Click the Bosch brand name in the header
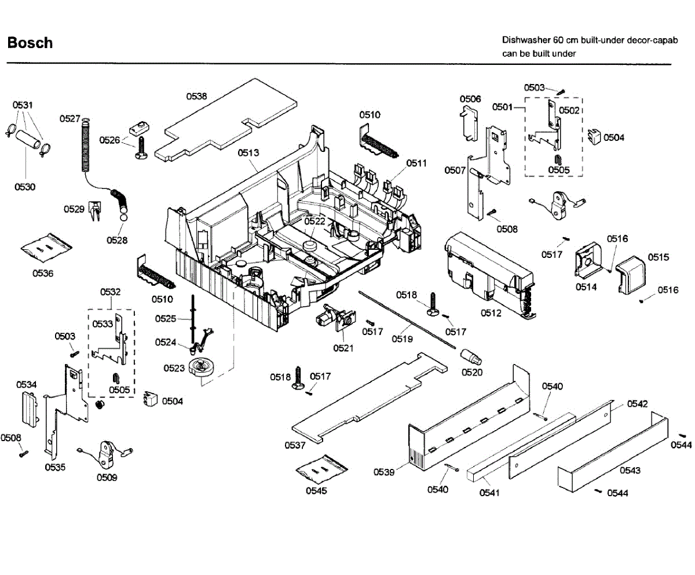pos(30,43)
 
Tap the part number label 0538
pos(196,96)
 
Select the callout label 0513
pos(248,152)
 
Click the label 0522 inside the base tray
pos(314,221)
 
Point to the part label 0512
pos(491,313)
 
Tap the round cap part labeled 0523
pos(201,367)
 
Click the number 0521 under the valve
pos(343,348)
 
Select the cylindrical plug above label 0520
pos(471,358)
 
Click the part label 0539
pos(384,472)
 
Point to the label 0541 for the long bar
pos(489,493)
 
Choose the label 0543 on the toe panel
pos(630,471)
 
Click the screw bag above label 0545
pos(321,469)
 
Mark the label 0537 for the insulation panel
pos(295,445)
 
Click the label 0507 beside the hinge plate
pos(455,170)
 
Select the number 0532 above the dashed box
pos(110,292)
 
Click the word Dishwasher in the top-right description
pos(526,40)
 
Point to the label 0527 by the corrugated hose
pos(70,119)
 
